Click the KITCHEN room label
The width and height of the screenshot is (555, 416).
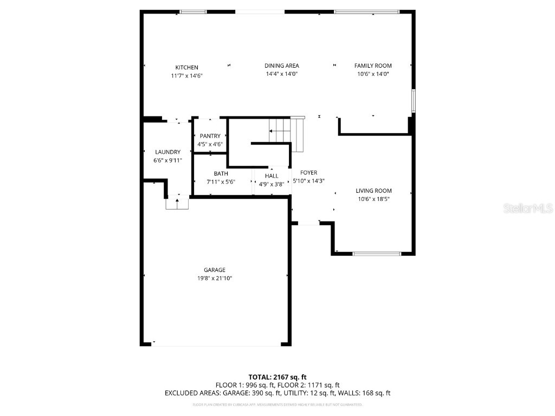point(186,67)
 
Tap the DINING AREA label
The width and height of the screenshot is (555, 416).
point(281,66)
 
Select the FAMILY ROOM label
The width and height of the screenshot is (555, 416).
point(373,66)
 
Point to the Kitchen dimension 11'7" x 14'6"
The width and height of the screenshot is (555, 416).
point(186,76)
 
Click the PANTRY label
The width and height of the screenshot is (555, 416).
point(210,136)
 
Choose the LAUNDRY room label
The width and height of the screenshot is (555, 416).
point(167,152)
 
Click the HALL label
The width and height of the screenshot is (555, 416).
point(272,176)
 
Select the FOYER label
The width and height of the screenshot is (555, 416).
point(308,173)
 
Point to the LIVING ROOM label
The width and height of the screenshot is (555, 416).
point(373,191)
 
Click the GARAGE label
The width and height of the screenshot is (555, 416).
point(215,270)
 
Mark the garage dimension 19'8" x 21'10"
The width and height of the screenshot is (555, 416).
point(215,278)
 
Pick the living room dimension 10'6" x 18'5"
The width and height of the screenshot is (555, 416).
point(373,199)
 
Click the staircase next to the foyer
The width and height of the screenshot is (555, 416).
point(286,133)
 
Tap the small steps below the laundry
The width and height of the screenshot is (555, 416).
point(177,203)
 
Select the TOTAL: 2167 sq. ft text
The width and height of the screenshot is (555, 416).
point(277,377)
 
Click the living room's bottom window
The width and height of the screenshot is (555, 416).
point(377,253)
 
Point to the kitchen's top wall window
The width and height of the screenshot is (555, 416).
point(193,11)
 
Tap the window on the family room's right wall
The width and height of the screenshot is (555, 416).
point(413,101)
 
